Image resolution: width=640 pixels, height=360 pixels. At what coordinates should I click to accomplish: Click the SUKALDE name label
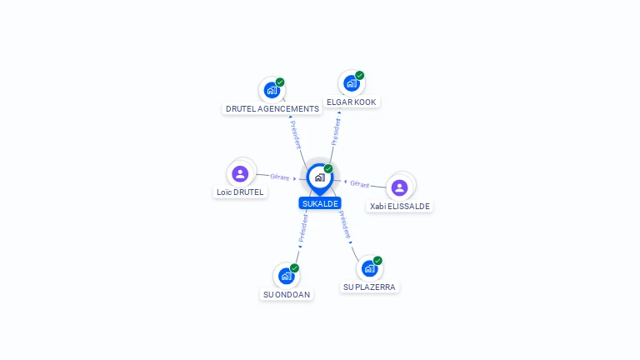(x=320, y=203)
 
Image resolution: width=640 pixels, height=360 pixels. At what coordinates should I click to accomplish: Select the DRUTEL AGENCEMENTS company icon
(x=272, y=90)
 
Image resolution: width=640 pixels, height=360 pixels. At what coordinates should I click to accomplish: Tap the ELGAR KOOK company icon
(x=352, y=83)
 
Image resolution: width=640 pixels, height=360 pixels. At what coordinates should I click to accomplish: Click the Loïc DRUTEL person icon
(x=240, y=174)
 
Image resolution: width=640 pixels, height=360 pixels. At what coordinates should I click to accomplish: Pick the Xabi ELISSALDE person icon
(x=400, y=187)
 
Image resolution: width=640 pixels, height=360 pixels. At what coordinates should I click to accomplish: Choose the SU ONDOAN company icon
(x=287, y=276)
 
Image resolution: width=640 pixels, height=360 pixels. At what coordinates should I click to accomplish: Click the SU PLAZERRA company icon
(x=370, y=268)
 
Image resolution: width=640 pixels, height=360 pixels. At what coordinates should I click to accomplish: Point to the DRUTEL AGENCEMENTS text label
(x=272, y=108)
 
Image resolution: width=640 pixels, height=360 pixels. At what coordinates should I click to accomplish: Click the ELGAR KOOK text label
(x=352, y=102)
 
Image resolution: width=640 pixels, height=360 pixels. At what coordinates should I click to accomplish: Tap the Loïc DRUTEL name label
(x=240, y=192)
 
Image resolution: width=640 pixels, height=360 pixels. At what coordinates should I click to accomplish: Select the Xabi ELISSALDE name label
(x=400, y=206)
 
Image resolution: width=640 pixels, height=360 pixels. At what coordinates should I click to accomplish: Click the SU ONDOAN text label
(x=287, y=294)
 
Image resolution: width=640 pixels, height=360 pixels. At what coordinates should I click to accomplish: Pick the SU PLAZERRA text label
(x=369, y=287)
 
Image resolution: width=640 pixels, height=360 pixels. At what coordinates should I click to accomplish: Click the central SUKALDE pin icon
(x=320, y=179)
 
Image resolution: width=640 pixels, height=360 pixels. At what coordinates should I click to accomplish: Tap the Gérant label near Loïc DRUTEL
(x=280, y=177)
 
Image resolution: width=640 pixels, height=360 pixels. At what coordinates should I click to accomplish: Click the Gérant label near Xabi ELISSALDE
(x=360, y=184)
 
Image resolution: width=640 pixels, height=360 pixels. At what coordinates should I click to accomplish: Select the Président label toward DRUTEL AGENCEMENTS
(x=296, y=134)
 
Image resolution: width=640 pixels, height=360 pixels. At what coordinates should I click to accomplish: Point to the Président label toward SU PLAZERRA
(x=344, y=224)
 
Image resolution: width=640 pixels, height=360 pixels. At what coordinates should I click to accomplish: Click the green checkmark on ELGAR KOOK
(x=360, y=76)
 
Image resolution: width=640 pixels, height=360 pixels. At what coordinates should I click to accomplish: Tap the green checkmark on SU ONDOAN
(x=294, y=268)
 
